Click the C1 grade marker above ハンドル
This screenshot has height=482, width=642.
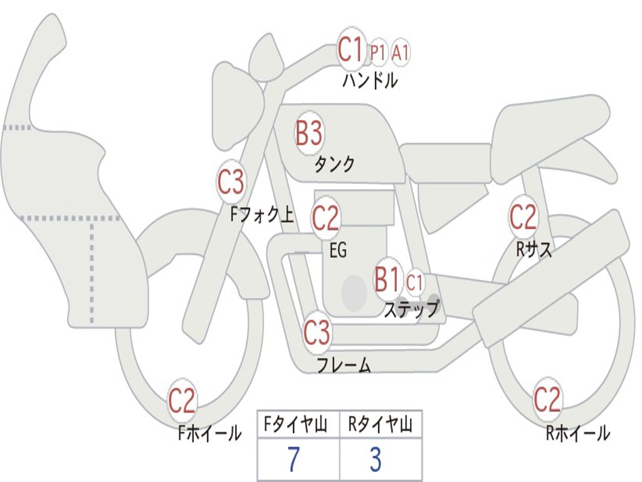351,49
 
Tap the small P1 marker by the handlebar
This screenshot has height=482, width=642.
378,53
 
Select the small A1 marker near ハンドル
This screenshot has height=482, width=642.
400,53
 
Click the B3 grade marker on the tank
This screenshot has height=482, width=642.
308,133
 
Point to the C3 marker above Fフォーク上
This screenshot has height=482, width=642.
231,183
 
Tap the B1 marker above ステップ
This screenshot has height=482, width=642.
388,279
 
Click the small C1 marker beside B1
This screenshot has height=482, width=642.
414,282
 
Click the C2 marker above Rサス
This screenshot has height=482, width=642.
523,217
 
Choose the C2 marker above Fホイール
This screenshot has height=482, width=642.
182,401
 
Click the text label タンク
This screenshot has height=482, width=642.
334,164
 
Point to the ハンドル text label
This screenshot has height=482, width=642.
370,80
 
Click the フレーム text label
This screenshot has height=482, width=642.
344,365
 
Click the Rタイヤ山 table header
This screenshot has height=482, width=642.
381,426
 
